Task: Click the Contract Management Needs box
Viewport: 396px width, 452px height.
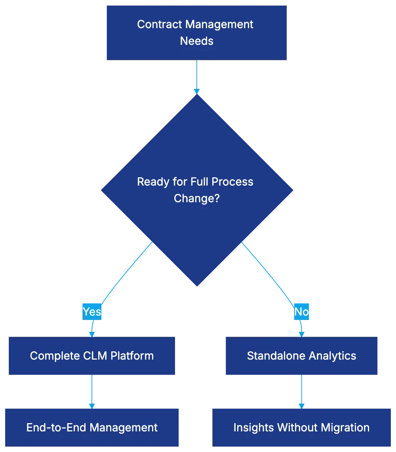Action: tap(196, 33)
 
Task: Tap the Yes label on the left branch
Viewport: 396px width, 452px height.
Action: tap(92, 312)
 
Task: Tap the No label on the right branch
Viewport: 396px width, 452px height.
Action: tap(301, 312)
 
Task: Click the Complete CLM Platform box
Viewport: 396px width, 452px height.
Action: tap(92, 356)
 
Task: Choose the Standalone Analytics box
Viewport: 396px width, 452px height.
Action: tap(302, 356)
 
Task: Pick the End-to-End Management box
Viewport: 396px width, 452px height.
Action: tap(92, 427)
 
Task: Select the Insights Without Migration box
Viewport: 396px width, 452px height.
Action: tap(302, 427)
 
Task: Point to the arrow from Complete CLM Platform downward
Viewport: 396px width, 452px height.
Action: tap(92, 392)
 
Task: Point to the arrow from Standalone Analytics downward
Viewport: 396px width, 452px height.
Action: tap(302, 392)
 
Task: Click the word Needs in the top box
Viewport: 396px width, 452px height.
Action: tap(196, 41)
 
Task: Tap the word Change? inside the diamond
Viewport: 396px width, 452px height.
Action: tap(196, 198)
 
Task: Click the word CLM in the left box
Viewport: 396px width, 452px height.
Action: tap(95, 356)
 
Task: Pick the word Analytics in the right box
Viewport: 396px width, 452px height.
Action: tap(333, 356)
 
